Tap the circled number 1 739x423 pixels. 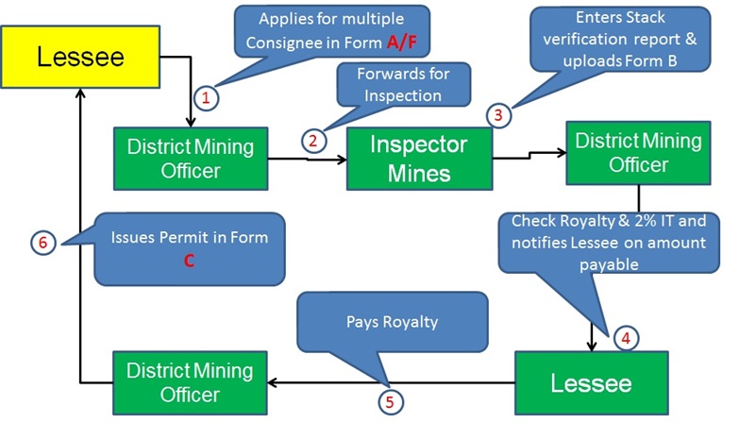[206, 97]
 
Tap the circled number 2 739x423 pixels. [315, 140]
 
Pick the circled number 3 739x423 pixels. [500, 115]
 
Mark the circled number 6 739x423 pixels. [42, 243]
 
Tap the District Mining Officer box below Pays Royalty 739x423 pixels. [189, 381]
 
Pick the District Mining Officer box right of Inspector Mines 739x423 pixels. [638, 152]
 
